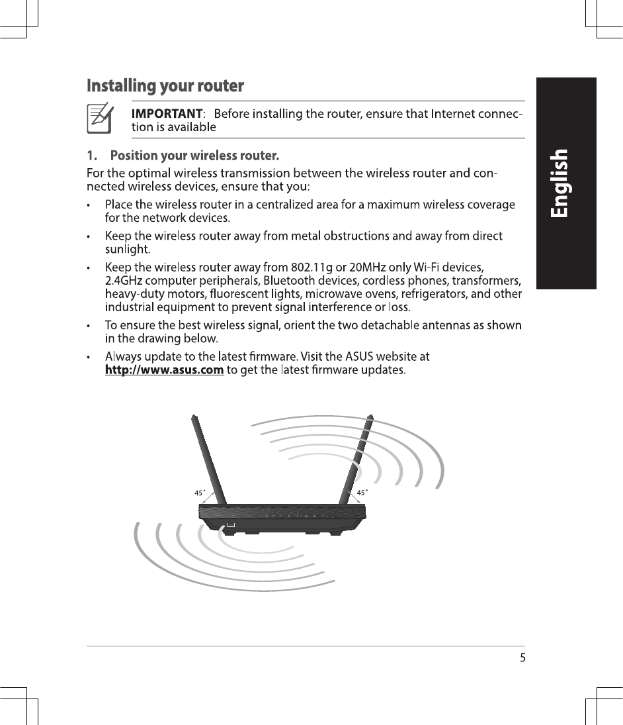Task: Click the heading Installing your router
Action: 165,86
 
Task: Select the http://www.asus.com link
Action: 163,369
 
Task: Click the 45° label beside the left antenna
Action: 200,493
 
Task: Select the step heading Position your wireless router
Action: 194,157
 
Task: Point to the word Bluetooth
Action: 286,281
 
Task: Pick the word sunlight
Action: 128,249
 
